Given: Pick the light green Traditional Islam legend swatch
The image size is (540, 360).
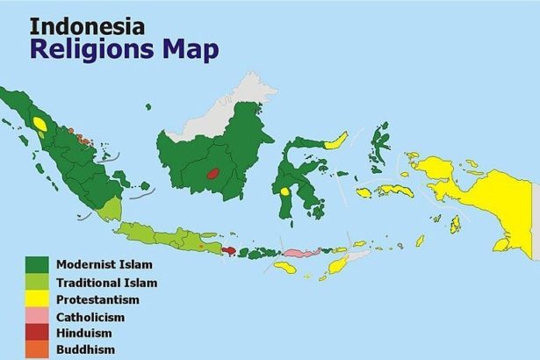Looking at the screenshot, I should pyautogui.click(x=36, y=283).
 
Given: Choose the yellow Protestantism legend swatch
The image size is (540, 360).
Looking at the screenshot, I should pyautogui.click(x=36, y=299).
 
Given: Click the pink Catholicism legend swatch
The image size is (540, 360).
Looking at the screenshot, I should pyautogui.click(x=36, y=316).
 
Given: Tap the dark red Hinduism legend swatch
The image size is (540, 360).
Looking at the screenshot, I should pyautogui.click(x=36, y=333).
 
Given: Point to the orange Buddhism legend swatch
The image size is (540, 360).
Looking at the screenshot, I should pyautogui.click(x=36, y=349).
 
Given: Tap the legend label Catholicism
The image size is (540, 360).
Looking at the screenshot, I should pyautogui.click(x=90, y=316).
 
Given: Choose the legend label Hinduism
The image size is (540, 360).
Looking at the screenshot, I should pyautogui.click(x=86, y=333).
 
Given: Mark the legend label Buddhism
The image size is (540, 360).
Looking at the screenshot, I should pyautogui.click(x=85, y=349).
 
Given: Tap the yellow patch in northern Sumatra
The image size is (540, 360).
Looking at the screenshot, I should pyautogui.click(x=40, y=124).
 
